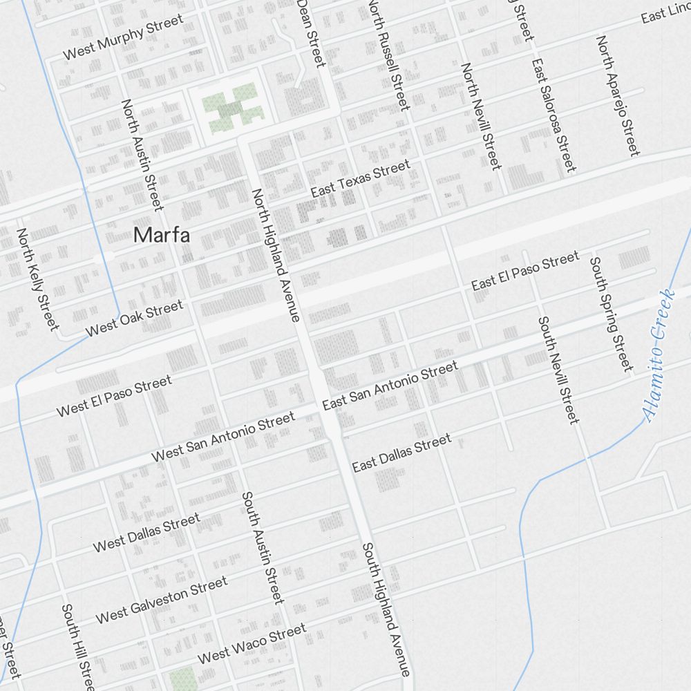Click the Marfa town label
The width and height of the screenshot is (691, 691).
click(x=162, y=235)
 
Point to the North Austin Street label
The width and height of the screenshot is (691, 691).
click(x=142, y=155)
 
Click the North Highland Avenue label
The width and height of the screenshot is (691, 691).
click(x=275, y=255)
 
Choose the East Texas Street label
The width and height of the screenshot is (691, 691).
click(x=360, y=178)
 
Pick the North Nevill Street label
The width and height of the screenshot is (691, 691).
click(x=480, y=116)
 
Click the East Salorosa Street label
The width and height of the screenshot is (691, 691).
click(x=553, y=115)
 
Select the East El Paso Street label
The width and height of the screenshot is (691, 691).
click(x=525, y=271)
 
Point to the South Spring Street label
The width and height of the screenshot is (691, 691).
click(x=610, y=313)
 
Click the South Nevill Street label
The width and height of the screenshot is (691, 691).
click(x=558, y=369)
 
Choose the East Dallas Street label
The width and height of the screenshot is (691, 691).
click(x=401, y=453)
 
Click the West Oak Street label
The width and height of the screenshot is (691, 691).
click(x=134, y=318)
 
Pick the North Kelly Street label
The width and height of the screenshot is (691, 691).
click(x=38, y=279)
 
